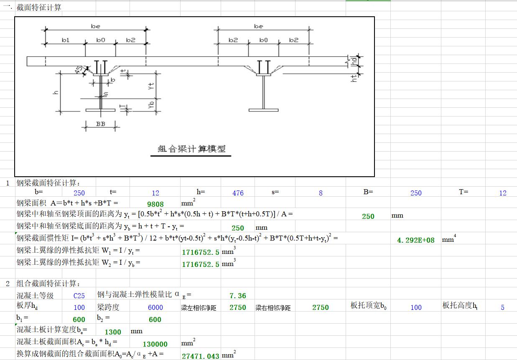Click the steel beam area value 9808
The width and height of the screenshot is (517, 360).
pyautogui.click(x=155, y=204)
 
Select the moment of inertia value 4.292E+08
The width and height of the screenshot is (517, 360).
pyautogui.click(x=416, y=240)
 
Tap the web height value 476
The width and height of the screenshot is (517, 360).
pyautogui.click(x=238, y=193)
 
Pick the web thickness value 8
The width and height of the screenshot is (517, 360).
pyautogui.click(x=321, y=193)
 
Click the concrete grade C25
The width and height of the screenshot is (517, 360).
pyautogui.click(x=79, y=296)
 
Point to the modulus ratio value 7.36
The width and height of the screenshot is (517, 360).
pyautogui.click(x=238, y=296)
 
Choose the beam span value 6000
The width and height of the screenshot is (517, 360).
pyautogui.click(x=155, y=307)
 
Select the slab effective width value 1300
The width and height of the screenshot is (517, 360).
pyautogui.click(x=113, y=332)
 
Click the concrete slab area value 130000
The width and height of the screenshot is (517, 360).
pyautogui.click(x=155, y=344)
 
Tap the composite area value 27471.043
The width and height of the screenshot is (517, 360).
pyautogui.click(x=200, y=356)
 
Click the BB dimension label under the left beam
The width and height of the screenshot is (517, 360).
pyautogui.click(x=101, y=124)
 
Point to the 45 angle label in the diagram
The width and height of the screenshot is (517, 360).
pyautogui.click(x=79, y=70)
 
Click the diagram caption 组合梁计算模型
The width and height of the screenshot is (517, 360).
pyautogui.click(x=191, y=149)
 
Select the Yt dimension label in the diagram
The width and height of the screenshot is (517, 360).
pyautogui.click(x=151, y=86)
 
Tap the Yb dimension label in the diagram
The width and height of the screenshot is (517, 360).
pyautogui.click(x=151, y=105)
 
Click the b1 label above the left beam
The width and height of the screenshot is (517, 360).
pyautogui.click(x=66, y=40)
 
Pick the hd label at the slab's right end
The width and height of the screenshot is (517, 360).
pyautogui.click(x=354, y=61)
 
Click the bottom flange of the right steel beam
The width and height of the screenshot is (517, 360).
pyautogui.click(x=264, y=110)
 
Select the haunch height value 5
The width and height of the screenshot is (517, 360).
pyautogui.click(x=502, y=307)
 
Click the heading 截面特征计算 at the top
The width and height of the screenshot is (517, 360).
pyautogui.click(x=39, y=8)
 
